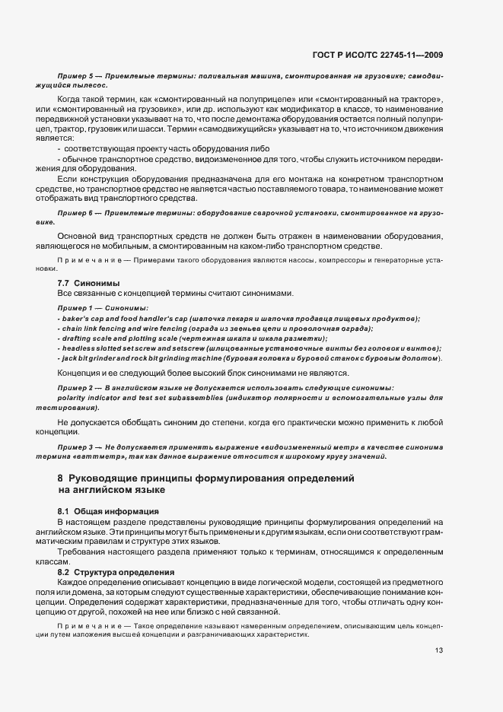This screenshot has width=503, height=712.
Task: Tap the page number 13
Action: pyautogui.click(x=439, y=650)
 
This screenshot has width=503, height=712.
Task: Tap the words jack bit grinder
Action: pyautogui.click(x=90, y=358)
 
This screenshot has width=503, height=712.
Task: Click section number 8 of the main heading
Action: pyautogui.click(x=60, y=478)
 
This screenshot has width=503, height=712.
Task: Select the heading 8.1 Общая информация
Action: pyautogui.click(x=97, y=511)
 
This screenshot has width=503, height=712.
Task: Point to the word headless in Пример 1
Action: pyautogui.click(x=78, y=348)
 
